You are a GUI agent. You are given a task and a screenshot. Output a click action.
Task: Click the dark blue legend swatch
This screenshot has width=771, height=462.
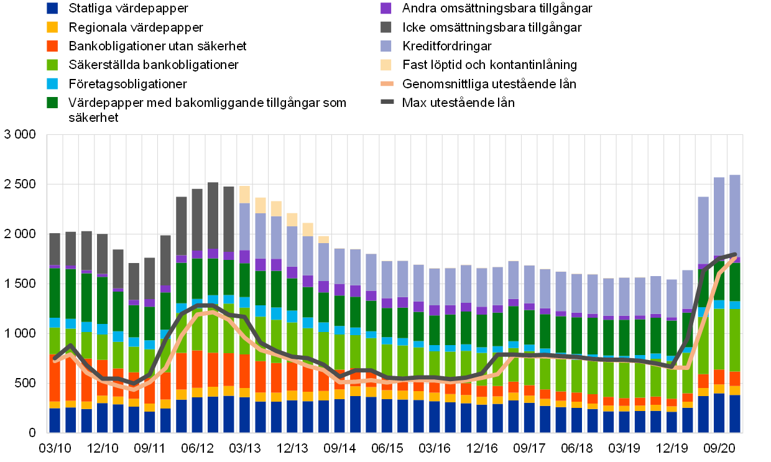coord(52,8)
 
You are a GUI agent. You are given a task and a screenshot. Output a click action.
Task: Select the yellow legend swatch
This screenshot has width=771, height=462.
coord(52,27)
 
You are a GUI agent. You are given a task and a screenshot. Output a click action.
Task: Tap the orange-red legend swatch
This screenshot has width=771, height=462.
coord(52,46)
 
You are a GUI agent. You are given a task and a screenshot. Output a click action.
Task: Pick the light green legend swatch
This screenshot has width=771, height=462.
coord(52,65)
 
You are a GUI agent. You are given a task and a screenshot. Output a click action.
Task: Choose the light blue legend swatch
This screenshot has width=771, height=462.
coord(52,83)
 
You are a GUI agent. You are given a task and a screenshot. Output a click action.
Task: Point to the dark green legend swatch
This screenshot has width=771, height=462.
coord(52,103)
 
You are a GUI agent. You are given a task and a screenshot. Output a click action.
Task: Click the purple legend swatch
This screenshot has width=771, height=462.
coord(386,8)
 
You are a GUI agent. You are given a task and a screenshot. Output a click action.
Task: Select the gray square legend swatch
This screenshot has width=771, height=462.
coord(386,27)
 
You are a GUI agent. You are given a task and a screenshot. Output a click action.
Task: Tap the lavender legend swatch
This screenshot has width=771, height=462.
coord(386,46)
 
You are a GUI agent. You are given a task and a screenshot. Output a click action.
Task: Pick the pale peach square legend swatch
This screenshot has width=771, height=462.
coord(386,65)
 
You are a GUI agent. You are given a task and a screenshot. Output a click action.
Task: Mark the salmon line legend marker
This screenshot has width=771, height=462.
coord(387,83)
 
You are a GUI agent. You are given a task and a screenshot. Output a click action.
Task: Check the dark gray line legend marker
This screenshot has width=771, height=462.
coord(387,101)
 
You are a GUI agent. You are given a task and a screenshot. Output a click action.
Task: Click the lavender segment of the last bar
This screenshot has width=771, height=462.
coord(735,215)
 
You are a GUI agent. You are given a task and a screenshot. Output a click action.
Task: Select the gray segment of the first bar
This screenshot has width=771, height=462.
coord(55,249)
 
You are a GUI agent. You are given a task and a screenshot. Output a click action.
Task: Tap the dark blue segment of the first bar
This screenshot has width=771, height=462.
coord(55,420)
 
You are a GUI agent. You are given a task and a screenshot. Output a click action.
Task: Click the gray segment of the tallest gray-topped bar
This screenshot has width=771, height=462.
coord(213,215)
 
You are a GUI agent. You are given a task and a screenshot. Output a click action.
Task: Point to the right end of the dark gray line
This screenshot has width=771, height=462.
coord(736,254)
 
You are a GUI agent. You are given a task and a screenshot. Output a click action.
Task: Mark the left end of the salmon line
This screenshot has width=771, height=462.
coord(55,359)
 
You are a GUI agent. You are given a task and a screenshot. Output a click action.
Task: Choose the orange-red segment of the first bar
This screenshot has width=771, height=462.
coord(55,378)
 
